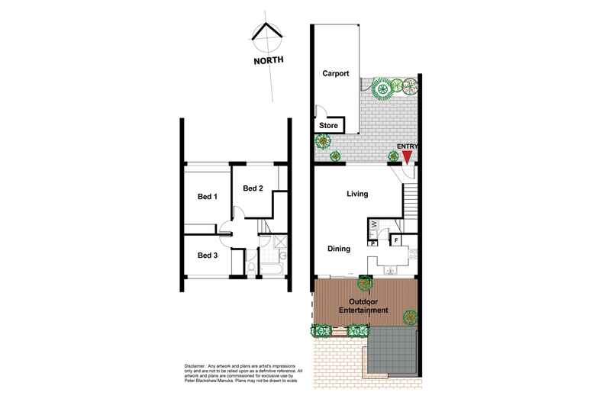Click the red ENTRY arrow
(x=408, y=156)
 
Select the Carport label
(x=336, y=74)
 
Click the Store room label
(x=328, y=125)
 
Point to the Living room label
(x=357, y=194)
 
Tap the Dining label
(x=339, y=249)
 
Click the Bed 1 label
(x=208, y=196)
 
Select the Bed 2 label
(x=253, y=188)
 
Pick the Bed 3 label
(x=208, y=255)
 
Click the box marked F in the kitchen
(x=396, y=241)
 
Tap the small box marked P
(x=373, y=244)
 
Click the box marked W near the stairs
(x=375, y=225)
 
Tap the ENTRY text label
(x=408, y=146)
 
